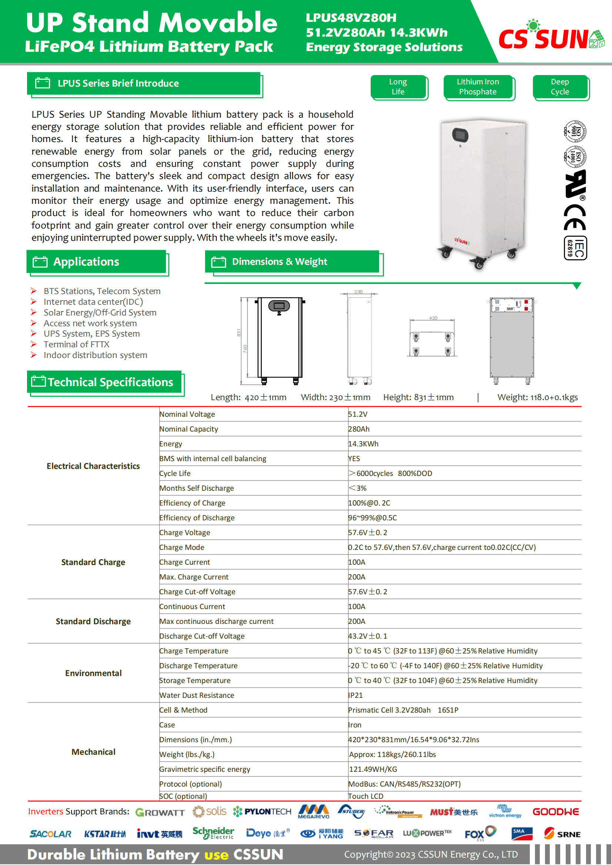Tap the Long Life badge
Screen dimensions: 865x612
pos(398,87)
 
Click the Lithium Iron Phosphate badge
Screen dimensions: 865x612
pos(478,87)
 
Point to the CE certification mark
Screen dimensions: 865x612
pos(575,217)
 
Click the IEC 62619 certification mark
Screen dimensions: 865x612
pos(575,248)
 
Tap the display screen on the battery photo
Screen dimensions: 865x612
pos(461,135)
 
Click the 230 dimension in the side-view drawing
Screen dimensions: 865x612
pos(358,291)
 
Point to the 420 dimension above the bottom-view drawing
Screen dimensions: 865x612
pos(433,318)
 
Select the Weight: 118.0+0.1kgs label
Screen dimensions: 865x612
pos(537,398)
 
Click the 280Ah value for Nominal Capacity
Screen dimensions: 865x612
pos(359,429)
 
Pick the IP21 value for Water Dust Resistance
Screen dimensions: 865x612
pos(355,696)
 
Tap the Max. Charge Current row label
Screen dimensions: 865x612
pos(194,577)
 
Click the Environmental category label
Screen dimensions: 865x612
pos(93,673)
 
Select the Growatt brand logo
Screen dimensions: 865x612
pos(160,812)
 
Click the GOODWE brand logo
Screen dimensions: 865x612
pos(555,812)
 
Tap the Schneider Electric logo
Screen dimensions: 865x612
pos(213,833)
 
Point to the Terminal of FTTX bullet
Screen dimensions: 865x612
pos(76,344)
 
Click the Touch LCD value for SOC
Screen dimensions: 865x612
pos(366,797)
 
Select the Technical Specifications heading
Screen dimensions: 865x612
pos(110,382)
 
